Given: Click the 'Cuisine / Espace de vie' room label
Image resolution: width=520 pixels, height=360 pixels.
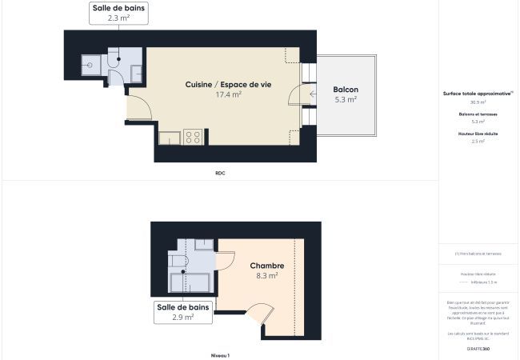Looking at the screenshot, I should click(228, 85).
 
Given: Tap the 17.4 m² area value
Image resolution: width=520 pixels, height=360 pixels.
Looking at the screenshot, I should click(228, 94).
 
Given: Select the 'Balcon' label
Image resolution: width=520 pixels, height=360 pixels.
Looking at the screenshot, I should click(346, 89).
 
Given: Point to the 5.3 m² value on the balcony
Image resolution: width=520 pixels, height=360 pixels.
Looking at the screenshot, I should click(346, 99).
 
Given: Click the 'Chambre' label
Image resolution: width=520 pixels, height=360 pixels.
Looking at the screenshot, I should click(266, 266).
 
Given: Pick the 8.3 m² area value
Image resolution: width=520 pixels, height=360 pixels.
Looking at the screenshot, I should click(266, 275).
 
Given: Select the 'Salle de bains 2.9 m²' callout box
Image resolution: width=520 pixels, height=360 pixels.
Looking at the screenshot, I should click(184, 311).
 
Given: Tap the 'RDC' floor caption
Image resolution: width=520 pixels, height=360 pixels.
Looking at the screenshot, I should click(220, 173).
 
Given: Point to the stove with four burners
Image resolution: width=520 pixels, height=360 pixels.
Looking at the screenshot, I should click(192, 136).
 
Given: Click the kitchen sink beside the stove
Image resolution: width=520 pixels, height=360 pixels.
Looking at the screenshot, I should click(170, 138).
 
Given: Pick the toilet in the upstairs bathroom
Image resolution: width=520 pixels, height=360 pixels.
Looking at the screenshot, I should click(177, 262).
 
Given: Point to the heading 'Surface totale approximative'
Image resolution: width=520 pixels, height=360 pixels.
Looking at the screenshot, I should click(478, 94).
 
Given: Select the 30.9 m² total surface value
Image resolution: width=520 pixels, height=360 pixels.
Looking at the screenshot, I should click(478, 102).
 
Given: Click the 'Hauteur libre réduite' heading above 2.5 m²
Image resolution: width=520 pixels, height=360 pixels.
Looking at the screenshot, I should click(478, 134).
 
